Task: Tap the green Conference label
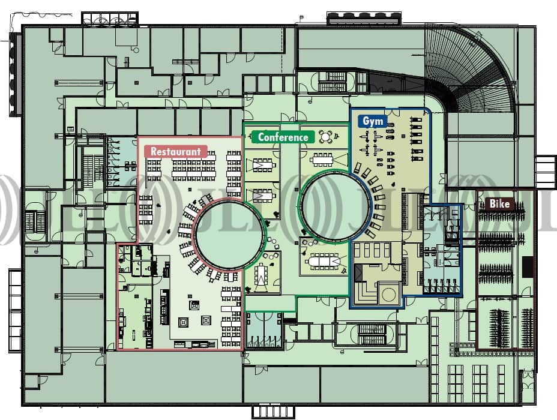tap(283, 137)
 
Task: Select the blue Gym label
tap(373, 121)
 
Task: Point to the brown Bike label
tap(499, 204)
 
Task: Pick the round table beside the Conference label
tap(326, 136)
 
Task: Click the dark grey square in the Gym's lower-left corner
tap(358, 273)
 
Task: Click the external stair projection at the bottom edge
tap(272, 412)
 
